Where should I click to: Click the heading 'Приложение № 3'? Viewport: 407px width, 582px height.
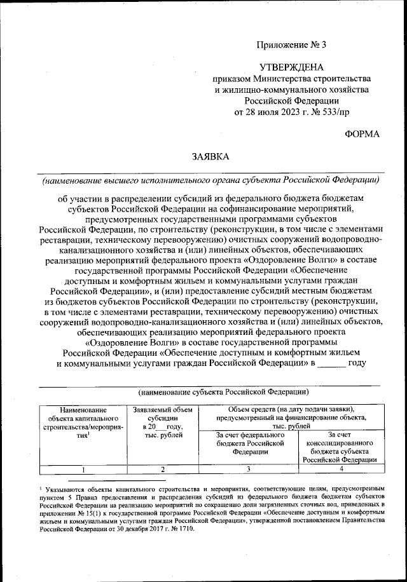click(291, 44)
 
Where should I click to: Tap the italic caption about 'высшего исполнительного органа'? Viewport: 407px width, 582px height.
click(210, 180)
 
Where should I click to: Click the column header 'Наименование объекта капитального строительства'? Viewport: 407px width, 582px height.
click(80, 423)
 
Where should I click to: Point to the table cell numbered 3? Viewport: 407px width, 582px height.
click(248, 470)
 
